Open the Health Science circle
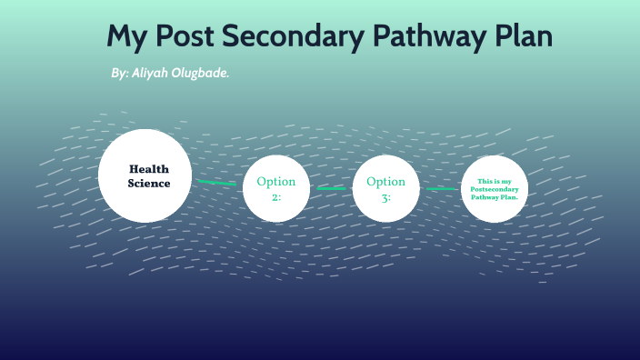(145, 175)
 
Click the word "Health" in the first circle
(149, 169)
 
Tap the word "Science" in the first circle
(149, 183)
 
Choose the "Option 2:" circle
(276, 188)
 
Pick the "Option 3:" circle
(385, 188)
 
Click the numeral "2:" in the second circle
(276, 195)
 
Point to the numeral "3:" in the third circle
(385, 195)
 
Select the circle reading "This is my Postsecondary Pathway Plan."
(495, 188)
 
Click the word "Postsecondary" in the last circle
(495, 189)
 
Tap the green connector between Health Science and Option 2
(218, 183)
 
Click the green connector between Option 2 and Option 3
(331, 188)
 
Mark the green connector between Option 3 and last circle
(441, 189)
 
